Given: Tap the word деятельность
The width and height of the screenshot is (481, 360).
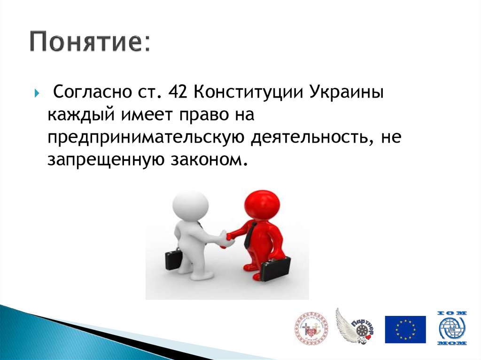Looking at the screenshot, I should [310, 138].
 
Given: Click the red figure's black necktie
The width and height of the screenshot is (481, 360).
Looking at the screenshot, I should [250, 235].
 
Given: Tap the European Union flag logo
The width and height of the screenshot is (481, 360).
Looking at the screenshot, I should [405, 329].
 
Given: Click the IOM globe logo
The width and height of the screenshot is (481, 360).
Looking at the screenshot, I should [452, 329].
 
